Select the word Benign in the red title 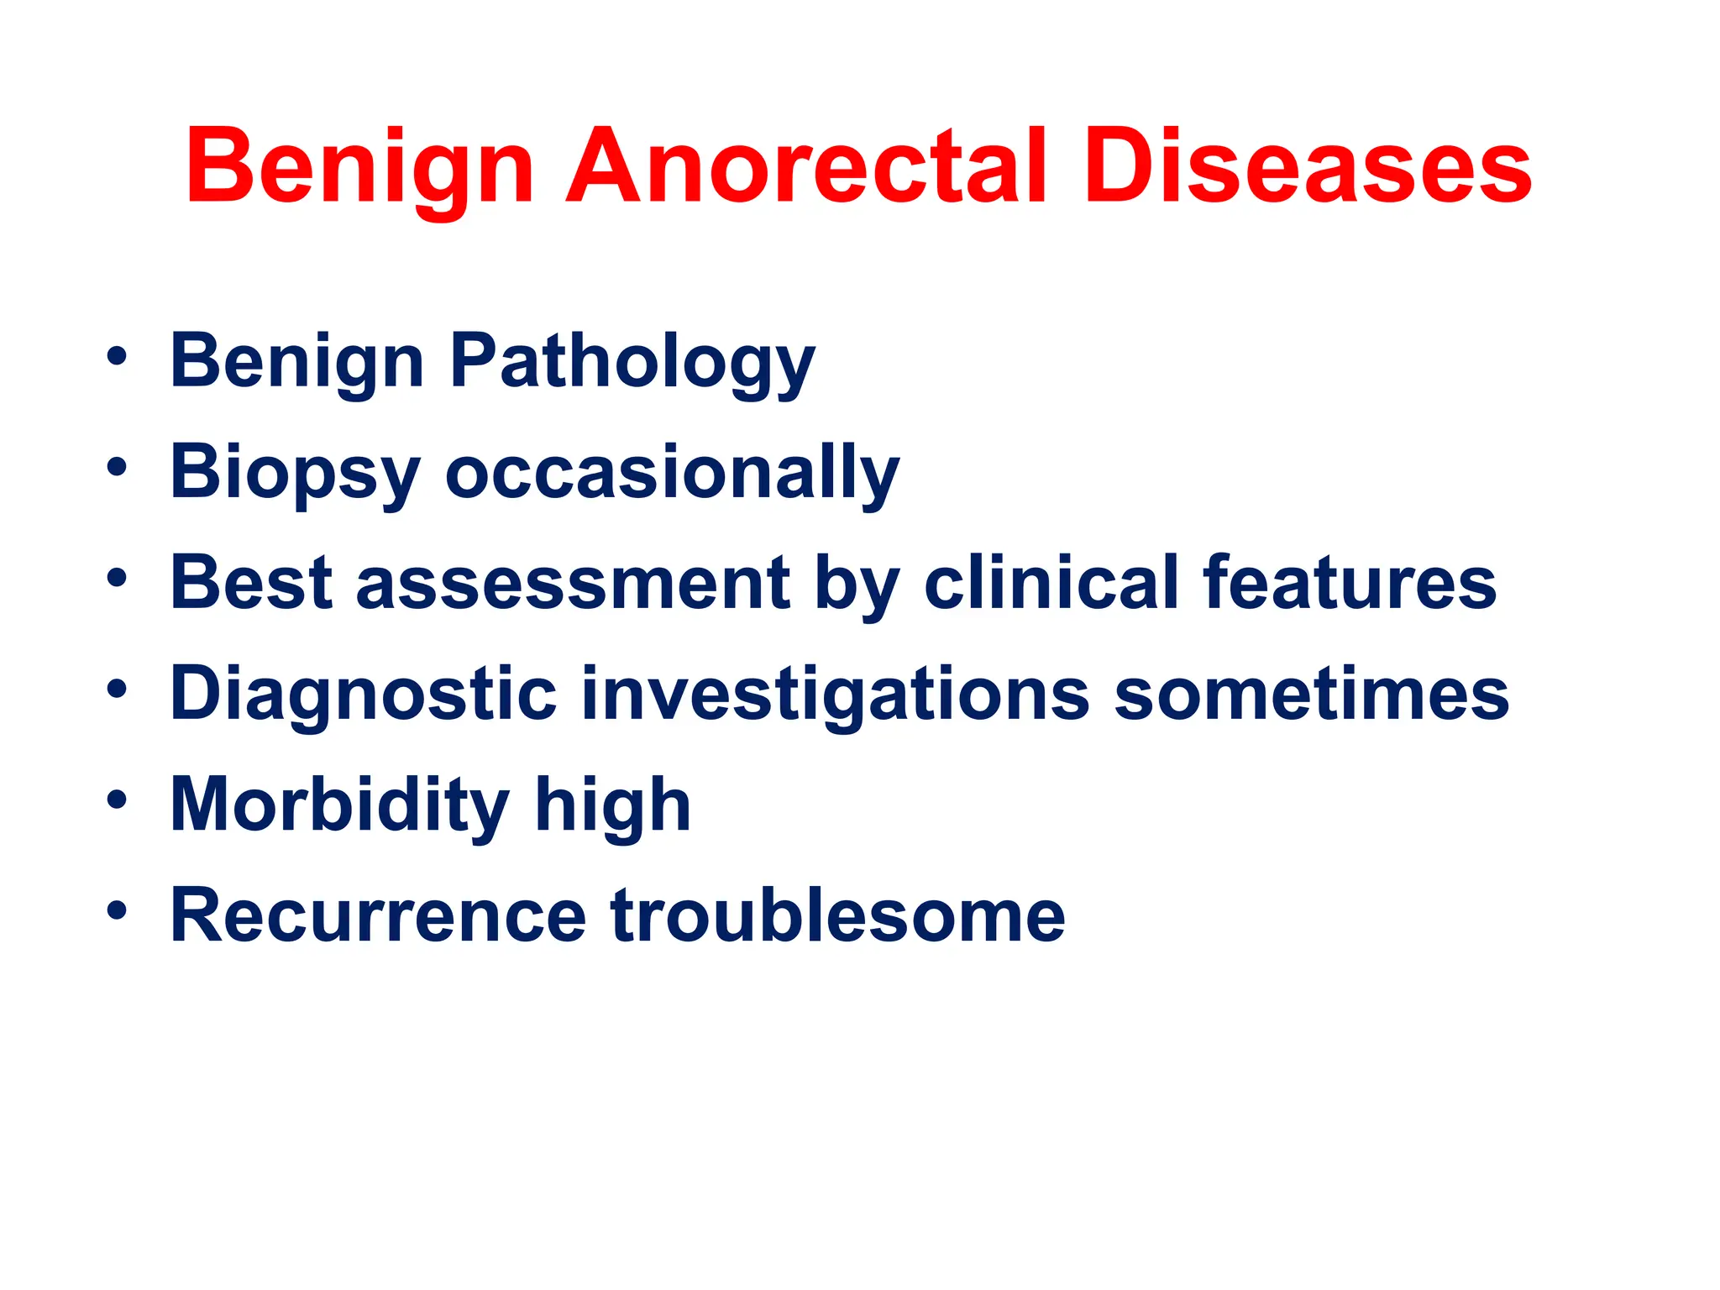point(359,168)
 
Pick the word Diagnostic point(363,695)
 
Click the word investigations point(836,695)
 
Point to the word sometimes point(1311,694)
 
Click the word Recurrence point(378,915)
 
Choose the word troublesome point(837,915)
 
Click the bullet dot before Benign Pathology point(117,355)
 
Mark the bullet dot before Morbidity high point(117,799)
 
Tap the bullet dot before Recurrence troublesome point(117,910)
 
